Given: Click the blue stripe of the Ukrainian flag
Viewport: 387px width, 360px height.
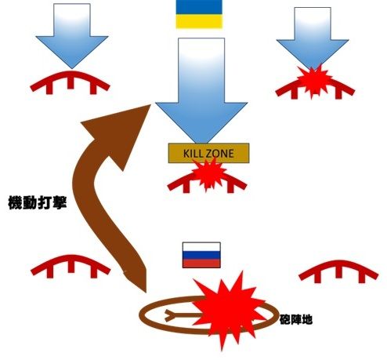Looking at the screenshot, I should (199, 7).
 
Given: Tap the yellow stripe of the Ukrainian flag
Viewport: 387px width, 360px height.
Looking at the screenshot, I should (199, 21).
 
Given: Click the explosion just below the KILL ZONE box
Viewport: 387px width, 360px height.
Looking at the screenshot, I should (208, 176).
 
